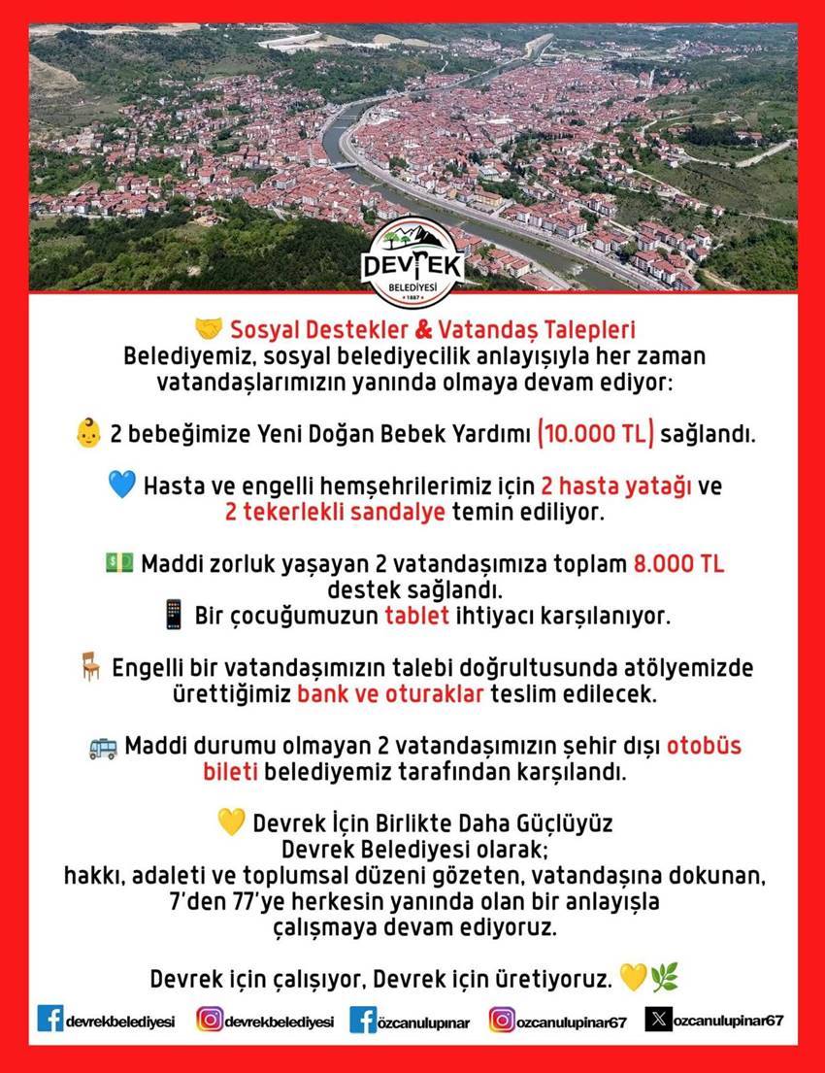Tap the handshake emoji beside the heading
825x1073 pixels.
(x=209, y=327)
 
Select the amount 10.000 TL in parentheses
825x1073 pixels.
(x=596, y=433)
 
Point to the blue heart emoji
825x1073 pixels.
(x=121, y=485)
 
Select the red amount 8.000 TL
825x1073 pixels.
(x=678, y=564)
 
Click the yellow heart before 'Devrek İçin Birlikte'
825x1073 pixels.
(x=231, y=824)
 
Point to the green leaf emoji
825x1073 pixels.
(x=664, y=976)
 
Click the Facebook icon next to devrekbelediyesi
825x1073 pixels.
(x=50, y=1019)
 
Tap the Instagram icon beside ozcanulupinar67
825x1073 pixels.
(x=501, y=1021)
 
